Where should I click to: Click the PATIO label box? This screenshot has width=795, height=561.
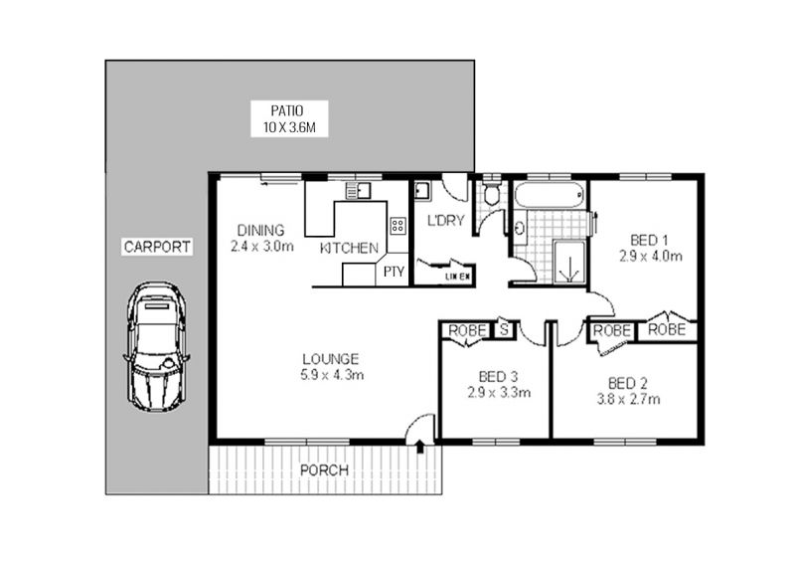click(x=289, y=118)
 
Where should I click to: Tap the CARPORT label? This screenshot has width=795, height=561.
click(x=157, y=247)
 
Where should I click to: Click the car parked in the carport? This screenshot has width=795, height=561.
click(x=157, y=347)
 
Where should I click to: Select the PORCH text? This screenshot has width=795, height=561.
click(x=325, y=470)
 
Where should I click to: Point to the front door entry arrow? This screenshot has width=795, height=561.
click(x=420, y=447)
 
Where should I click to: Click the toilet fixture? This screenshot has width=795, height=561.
click(x=491, y=193)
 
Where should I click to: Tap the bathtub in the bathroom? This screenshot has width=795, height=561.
click(x=550, y=195)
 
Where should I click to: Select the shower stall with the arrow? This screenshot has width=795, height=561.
click(x=569, y=262)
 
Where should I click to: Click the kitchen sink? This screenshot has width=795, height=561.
click(x=358, y=190)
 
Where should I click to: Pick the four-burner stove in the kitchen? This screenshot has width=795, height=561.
click(x=398, y=226)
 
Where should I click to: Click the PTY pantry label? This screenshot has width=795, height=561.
click(x=394, y=272)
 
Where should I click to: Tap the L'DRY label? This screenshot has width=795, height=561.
click(x=445, y=221)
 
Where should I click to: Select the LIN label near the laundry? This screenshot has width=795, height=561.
click(x=450, y=277)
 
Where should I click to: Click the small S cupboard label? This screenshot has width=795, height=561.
click(x=504, y=329)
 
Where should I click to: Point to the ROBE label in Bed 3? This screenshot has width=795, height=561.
click(x=467, y=330)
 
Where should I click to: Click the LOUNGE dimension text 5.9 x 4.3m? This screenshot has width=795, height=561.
click(x=332, y=375)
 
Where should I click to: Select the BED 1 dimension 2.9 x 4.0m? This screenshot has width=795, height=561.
click(x=651, y=257)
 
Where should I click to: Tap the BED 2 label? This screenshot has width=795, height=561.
click(x=628, y=383)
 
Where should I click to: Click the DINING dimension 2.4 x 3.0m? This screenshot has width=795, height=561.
click(x=262, y=247)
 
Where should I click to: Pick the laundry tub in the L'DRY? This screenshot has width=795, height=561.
click(x=421, y=190)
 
